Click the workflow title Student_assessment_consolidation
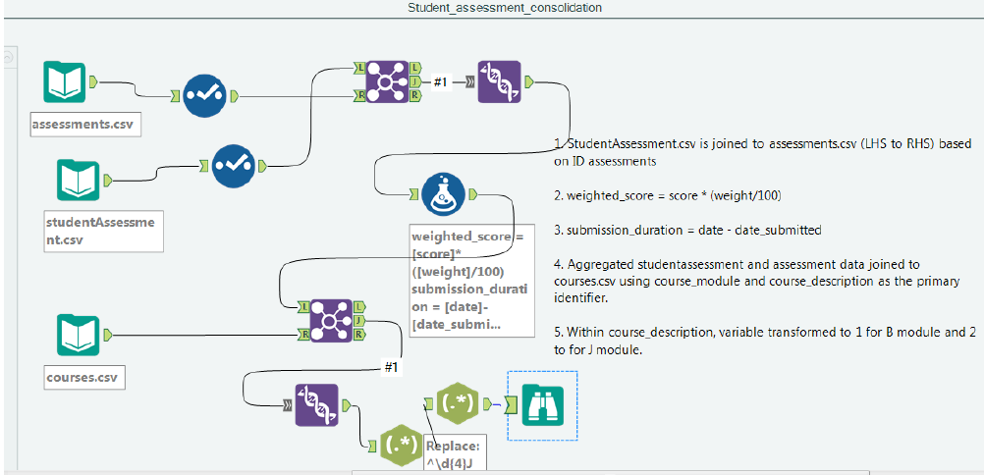[505, 8]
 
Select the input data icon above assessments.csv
[66, 82]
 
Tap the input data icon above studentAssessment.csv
[79, 180]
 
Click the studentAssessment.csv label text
[100, 231]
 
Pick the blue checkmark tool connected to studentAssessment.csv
[234, 159]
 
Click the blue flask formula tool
[444, 193]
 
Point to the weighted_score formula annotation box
[470, 280]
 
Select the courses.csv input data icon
[79, 335]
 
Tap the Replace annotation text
[454, 452]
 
